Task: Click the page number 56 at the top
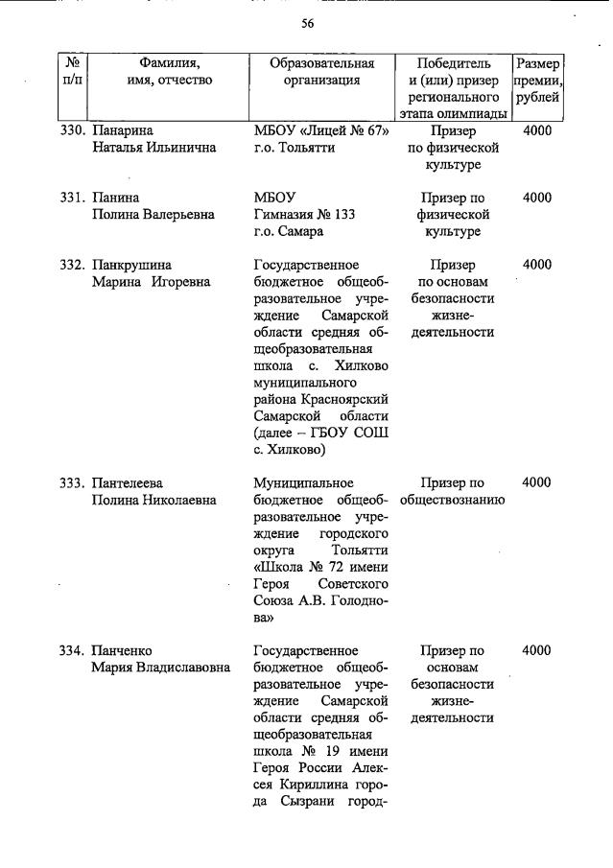[x=307, y=24]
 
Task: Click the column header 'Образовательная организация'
[x=321, y=72]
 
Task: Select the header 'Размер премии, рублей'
[x=538, y=81]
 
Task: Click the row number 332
[x=73, y=265]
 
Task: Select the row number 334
[x=73, y=651]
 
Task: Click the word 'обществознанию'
[x=453, y=501]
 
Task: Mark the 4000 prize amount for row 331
[x=537, y=199]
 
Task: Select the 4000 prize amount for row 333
[x=537, y=483]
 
